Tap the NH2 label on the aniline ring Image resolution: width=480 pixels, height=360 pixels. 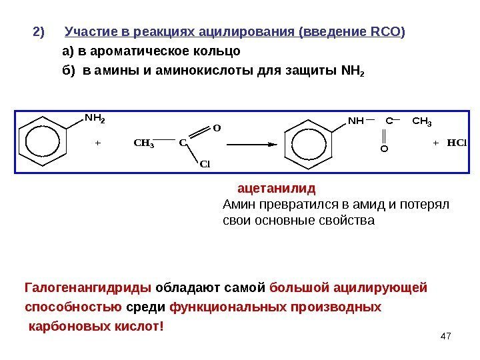pyautogui.click(x=95, y=119)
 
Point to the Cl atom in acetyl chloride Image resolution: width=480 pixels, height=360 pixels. pyautogui.click(x=205, y=163)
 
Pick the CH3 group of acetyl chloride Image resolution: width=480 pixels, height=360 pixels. pyautogui.click(x=143, y=143)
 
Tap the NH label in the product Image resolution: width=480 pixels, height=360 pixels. pyautogui.click(x=355, y=121)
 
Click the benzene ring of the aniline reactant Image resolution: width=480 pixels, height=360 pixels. pyautogui.click(x=42, y=141)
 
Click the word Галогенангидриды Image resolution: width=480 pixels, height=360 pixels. pyautogui.click(x=88, y=288)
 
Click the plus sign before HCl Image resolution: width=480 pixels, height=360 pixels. pyautogui.click(x=435, y=143)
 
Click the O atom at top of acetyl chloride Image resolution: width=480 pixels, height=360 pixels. pyautogui.click(x=216, y=126)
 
